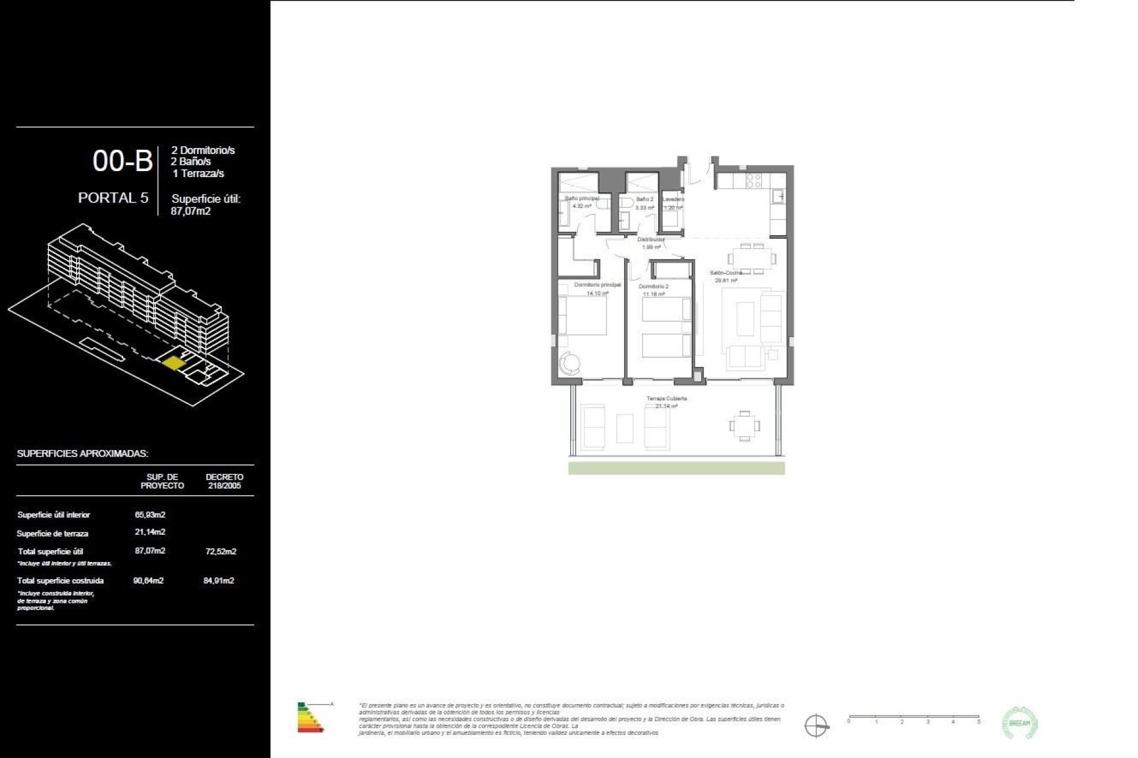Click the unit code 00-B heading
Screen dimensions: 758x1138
123,161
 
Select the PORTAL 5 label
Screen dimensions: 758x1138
113,198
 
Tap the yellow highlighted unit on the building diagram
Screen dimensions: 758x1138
174,362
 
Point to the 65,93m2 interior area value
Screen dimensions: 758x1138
150,515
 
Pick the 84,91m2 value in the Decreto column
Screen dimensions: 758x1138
219,580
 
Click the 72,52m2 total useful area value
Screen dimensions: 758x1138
220,551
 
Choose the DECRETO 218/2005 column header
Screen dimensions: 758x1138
224,481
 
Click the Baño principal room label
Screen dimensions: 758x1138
581,199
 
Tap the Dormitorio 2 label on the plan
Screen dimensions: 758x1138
653,287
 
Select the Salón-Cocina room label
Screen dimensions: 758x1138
726,273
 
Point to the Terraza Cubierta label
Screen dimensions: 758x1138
667,399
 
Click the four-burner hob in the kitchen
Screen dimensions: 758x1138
753,181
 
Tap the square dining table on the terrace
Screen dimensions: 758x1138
744,426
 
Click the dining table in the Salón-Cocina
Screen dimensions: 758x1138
752,259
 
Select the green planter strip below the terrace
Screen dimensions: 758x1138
676,468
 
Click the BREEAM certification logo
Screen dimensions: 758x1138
1019,723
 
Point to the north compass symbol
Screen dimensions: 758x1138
816,725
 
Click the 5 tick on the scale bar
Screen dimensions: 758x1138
979,722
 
